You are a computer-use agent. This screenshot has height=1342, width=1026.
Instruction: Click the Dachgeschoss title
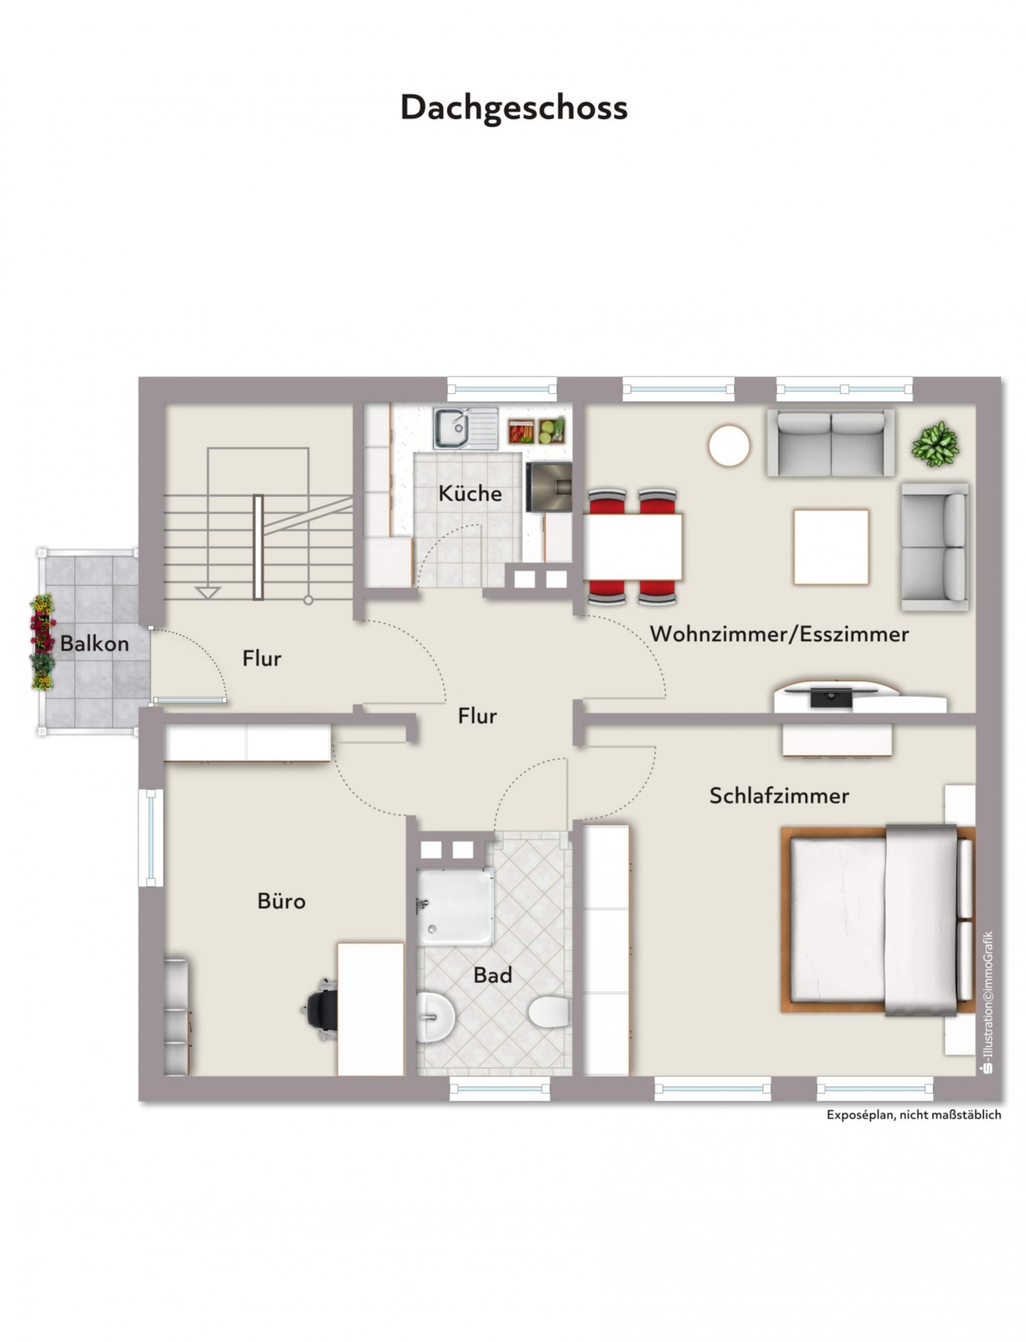tap(513, 108)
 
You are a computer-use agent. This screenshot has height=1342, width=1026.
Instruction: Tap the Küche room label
tap(470, 493)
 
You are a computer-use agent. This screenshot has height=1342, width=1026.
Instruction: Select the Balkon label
tap(94, 643)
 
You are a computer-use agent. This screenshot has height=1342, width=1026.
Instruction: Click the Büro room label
tap(282, 901)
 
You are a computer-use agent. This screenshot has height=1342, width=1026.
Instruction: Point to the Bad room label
tap(492, 975)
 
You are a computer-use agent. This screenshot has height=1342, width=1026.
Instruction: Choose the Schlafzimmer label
tap(778, 796)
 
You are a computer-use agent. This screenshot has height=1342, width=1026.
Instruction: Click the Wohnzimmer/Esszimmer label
tap(779, 634)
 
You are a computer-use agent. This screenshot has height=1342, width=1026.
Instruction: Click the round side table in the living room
tap(729, 445)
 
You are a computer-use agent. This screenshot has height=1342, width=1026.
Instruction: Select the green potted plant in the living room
tap(936, 442)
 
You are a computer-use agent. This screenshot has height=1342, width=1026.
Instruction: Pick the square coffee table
tap(831, 547)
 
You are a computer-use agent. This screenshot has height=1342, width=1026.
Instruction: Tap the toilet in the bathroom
tap(550, 1011)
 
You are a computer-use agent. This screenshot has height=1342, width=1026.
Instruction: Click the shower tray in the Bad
tap(455, 906)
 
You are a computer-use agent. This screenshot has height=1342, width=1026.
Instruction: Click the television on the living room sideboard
tap(831, 697)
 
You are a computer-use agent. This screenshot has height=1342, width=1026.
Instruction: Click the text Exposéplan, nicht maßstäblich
tap(913, 1114)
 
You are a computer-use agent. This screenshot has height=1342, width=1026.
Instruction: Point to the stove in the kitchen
tap(548, 487)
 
